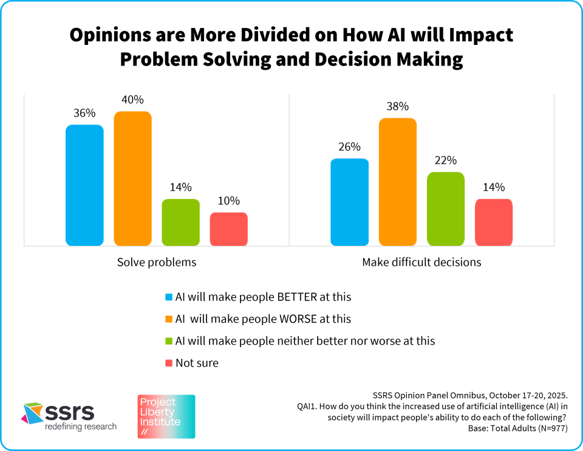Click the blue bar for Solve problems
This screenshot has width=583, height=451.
pos(84,185)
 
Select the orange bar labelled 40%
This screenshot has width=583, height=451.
pos(132,178)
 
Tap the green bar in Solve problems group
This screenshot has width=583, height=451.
pos(180,222)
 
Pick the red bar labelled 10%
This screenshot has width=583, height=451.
pos(228,229)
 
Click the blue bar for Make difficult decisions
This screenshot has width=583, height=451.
pos(349,202)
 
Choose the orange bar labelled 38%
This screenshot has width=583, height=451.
pos(397,181)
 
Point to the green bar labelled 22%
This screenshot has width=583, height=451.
pos(445,209)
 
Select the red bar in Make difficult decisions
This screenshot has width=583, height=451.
pos(493,222)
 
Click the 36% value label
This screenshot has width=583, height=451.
pos(84,113)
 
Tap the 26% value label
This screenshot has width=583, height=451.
pos(349,147)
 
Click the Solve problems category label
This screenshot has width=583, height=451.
pos(157,263)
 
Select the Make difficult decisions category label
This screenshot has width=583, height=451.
pos(421,263)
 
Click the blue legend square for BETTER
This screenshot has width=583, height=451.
pos(169,297)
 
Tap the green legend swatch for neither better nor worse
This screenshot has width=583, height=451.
pos(169,341)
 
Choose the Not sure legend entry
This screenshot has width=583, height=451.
pos(197,363)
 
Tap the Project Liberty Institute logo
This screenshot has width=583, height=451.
pos(166,416)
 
